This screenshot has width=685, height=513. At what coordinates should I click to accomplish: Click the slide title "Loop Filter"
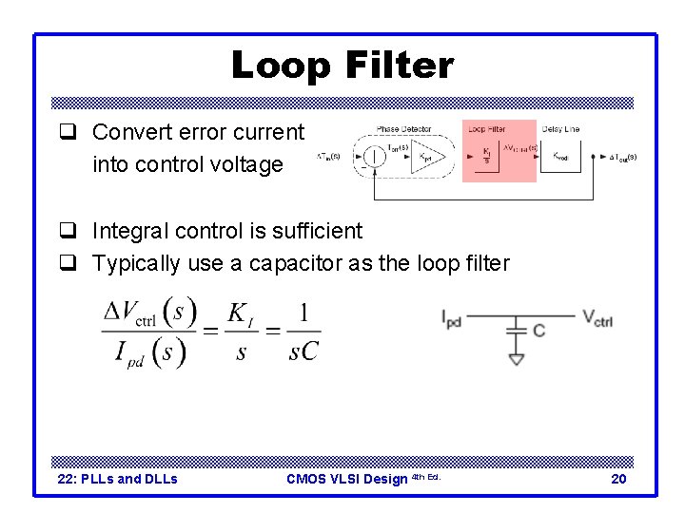342,66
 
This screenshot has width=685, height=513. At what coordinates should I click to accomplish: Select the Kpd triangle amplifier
428,157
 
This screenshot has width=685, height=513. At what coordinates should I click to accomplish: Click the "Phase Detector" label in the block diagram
403,129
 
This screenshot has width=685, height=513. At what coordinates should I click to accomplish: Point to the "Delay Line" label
560,129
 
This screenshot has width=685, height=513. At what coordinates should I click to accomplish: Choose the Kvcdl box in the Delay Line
560,157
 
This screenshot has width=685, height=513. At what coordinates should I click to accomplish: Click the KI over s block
486,155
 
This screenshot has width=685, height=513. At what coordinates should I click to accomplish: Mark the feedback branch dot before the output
595,156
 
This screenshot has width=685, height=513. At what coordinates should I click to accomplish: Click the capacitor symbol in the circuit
516,330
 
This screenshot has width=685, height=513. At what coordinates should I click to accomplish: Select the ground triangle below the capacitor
516,359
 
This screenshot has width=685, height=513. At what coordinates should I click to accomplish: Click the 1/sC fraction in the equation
303,332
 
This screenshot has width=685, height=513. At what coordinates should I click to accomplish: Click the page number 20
618,479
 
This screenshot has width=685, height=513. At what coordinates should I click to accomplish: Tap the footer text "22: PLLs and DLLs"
118,479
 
